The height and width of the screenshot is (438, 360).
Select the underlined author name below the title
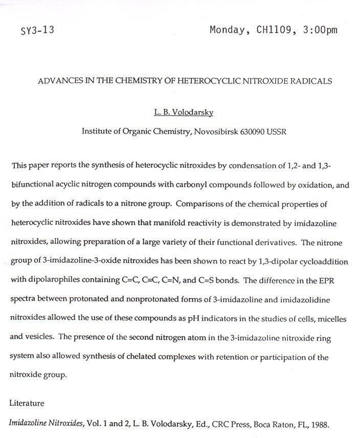click(x=185, y=113)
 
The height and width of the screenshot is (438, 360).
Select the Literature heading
click(x=27, y=403)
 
